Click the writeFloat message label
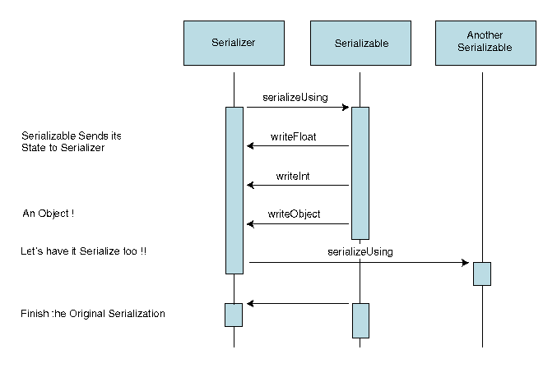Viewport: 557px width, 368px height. coord(294,136)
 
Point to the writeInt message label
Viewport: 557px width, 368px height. coord(293,175)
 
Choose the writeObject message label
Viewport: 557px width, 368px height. coord(294,214)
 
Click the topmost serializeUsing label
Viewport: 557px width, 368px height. coord(295,97)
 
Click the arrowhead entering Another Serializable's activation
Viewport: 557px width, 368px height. coord(465,263)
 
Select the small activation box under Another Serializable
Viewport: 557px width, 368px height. coord(482,274)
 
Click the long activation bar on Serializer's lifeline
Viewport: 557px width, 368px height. coord(234,190)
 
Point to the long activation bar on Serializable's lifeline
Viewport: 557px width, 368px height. coord(360,172)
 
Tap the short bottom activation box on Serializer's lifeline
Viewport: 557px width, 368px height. coord(234,315)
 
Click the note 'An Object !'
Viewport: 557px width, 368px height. coord(49,214)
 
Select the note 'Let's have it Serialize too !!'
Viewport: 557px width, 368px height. coord(83,251)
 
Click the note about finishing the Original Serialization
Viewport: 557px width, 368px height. coord(92,314)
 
